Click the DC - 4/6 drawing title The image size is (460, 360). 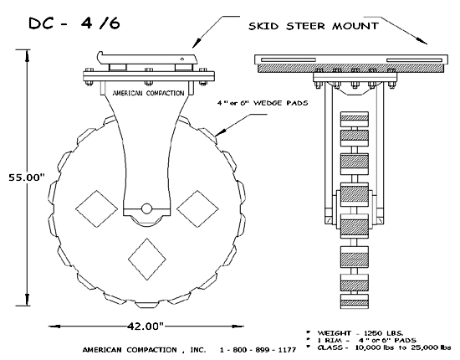pyautogui.click(x=74, y=23)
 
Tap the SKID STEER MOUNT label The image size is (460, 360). pyautogui.click(x=314, y=26)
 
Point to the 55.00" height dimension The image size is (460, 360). pyautogui.click(x=27, y=177)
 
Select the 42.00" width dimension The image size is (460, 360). pyautogui.click(x=146, y=326)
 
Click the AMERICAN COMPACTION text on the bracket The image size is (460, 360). pyautogui.click(x=148, y=93)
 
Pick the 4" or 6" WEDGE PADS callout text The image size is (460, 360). pyautogui.click(x=263, y=103)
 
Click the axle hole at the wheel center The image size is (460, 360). pyautogui.click(x=146, y=208)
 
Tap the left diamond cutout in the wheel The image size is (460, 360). pyautogui.click(x=96, y=208)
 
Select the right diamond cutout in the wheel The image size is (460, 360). pyautogui.click(x=197, y=208)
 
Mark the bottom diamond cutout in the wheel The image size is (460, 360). pyautogui.click(x=147, y=260)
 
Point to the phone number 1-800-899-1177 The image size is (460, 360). pyautogui.click(x=258, y=350)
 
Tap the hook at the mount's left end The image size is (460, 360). pyautogui.click(x=100, y=57)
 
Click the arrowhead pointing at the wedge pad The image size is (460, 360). pyautogui.click(x=219, y=133)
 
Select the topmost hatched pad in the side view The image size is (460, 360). pyautogui.click(x=354, y=119)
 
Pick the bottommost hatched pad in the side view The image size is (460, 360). pyautogui.click(x=354, y=301)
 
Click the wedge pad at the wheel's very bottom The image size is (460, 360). pyautogui.click(x=146, y=305)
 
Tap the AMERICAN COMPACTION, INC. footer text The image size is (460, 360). pyautogui.click(x=144, y=350)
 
